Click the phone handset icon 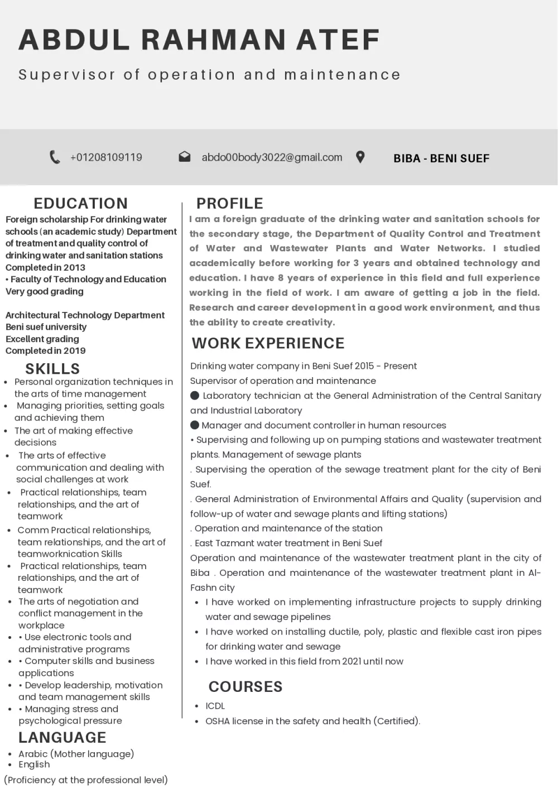(x=55, y=157)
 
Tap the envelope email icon (x=185, y=157)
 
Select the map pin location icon (x=360, y=157)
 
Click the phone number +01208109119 (x=106, y=157)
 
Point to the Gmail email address (x=272, y=157)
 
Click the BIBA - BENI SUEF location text (x=441, y=158)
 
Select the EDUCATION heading (x=81, y=203)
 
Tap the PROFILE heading (x=229, y=203)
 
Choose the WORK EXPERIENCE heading (x=268, y=343)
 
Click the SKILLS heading (x=52, y=369)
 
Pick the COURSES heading (x=246, y=687)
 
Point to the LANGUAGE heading (x=62, y=738)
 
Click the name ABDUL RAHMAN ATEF (x=199, y=40)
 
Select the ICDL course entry (x=215, y=706)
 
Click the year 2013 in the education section (x=74, y=267)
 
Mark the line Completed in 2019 (x=46, y=351)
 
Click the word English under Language (x=34, y=764)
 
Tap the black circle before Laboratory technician (x=195, y=396)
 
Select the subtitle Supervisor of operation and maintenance (x=209, y=75)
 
